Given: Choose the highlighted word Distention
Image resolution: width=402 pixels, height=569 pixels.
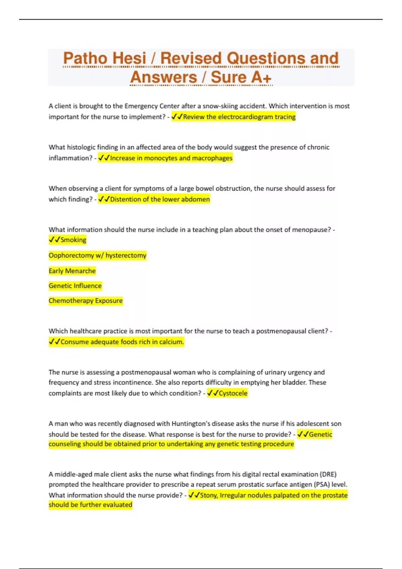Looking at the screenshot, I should tap(126, 199).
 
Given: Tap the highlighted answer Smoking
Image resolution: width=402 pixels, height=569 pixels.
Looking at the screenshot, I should tap(73, 240).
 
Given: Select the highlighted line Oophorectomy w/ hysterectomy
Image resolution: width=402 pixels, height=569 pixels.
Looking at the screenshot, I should tap(97, 255).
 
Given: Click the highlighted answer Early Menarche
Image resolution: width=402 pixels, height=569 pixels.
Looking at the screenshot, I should tap(72, 271).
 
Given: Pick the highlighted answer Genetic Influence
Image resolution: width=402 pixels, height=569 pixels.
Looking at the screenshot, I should tap(75, 286).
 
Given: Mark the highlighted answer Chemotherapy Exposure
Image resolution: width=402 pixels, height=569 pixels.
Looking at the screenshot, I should tap(85, 301).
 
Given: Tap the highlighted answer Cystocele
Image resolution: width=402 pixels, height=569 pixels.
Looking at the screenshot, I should tap(233, 393).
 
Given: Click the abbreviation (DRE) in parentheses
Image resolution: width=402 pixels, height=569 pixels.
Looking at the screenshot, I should tap(328, 474).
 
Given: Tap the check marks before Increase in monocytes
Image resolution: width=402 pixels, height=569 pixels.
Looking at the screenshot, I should tap(104, 158).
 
